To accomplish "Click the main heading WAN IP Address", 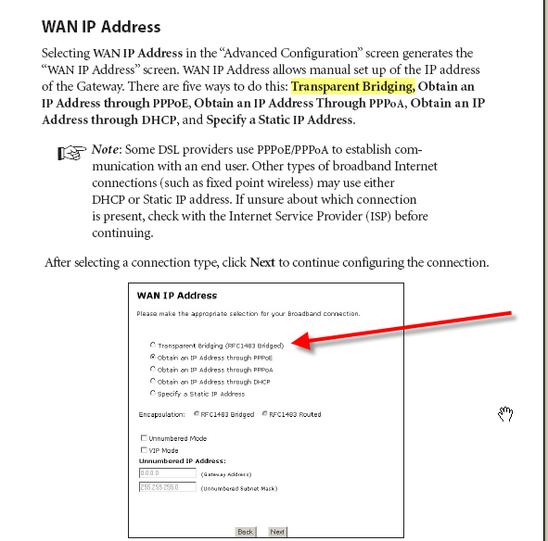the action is pos(101,27).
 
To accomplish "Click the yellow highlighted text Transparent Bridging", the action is pos(351,86).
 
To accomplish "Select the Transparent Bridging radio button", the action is pos(153,345).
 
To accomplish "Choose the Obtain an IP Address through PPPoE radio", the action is pos(153,357).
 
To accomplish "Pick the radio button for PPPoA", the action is pos(153,370).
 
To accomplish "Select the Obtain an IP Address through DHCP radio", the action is pos(153,382).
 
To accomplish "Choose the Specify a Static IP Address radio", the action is pos(153,394).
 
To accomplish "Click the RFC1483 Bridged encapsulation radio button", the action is pos(195,414).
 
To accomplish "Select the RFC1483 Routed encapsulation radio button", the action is pos(264,414).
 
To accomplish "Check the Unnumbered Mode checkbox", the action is pos(143,438).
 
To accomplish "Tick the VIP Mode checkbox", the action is pos(143,449).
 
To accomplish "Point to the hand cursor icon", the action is pos(505,413).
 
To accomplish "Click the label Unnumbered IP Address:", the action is pos(183,460).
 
